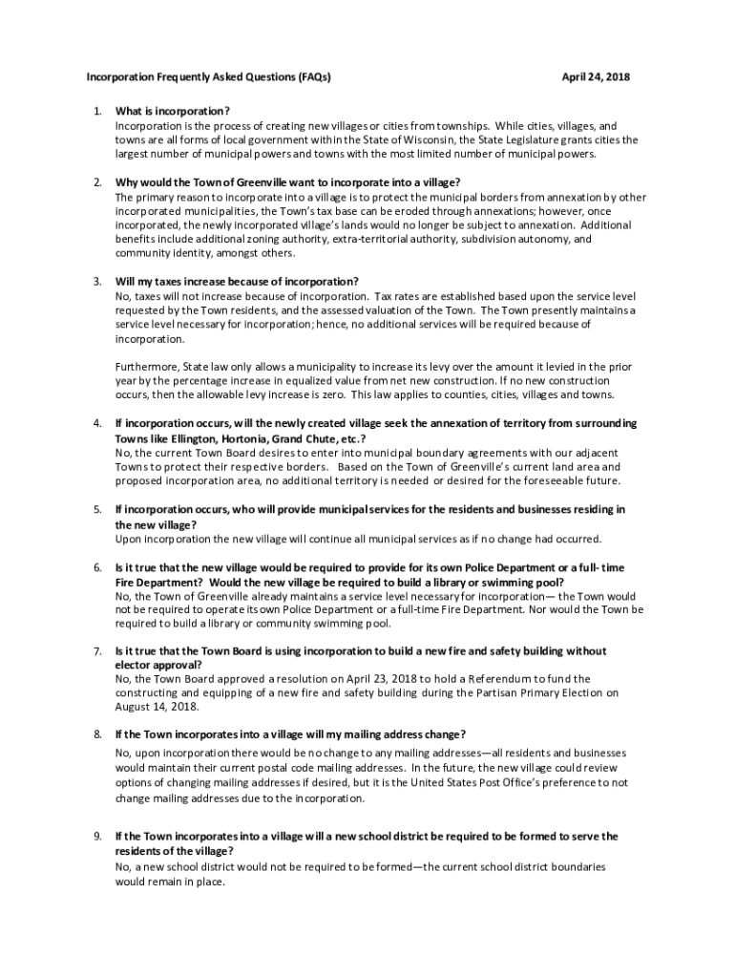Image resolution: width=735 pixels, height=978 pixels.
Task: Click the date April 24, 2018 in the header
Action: pyautogui.click(x=597, y=76)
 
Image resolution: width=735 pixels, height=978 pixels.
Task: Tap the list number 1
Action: pyautogui.click(x=97, y=112)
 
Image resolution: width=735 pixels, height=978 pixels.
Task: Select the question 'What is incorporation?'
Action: pyautogui.click(x=173, y=112)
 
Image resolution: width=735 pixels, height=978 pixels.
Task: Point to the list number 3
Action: pyautogui.click(x=97, y=282)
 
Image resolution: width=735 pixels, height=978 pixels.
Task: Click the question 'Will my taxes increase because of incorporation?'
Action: pyautogui.click(x=237, y=282)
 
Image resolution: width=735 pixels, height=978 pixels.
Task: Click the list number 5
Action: pyautogui.click(x=97, y=510)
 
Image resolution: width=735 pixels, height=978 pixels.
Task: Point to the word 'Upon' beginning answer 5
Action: pyautogui.click(x=128, y=539)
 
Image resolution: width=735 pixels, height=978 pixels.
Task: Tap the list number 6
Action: pyautogui.click(x=97, y=567)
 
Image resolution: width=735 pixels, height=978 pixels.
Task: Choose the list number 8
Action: pyautogui.click(x=97, y=734)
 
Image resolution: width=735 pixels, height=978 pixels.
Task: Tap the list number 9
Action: pyautogui.click(x=97, y=837)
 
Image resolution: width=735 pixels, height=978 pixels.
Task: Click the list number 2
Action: pyautogui.click(x=97, y=182)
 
